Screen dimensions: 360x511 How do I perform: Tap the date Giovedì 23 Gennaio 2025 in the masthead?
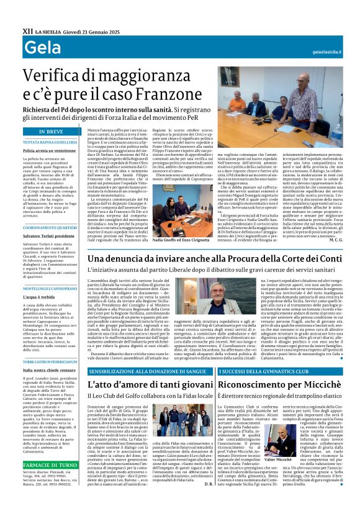point(84,30)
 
